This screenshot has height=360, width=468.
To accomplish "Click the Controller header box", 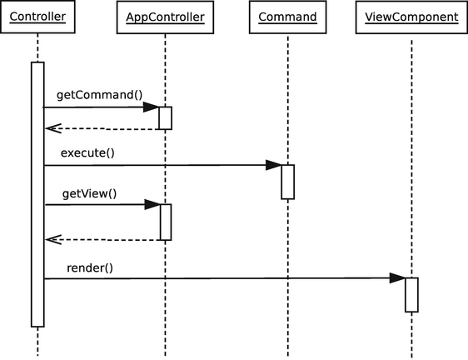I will coord(37,17).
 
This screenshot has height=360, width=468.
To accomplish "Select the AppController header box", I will coord(165,17).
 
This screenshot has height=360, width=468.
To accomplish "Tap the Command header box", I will coord(287,17).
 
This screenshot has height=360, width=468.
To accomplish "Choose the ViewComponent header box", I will coord(411,17).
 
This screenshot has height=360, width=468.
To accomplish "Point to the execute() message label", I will coord(87,152).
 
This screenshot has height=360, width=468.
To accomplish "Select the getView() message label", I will coord(89,193).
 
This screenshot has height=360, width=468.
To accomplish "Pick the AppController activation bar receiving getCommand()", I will coord(165,118).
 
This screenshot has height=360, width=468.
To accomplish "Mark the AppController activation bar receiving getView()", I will coord(165,222).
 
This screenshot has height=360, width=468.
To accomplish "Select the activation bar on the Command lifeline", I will coord(287,182).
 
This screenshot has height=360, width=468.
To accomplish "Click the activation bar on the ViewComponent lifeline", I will coord(411,294).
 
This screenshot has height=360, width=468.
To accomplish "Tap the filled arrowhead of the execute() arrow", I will coord(273,165).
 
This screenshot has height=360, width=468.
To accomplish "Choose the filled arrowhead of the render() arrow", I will coord(397,278).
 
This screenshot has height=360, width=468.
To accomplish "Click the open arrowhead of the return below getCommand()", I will coord(52,129).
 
